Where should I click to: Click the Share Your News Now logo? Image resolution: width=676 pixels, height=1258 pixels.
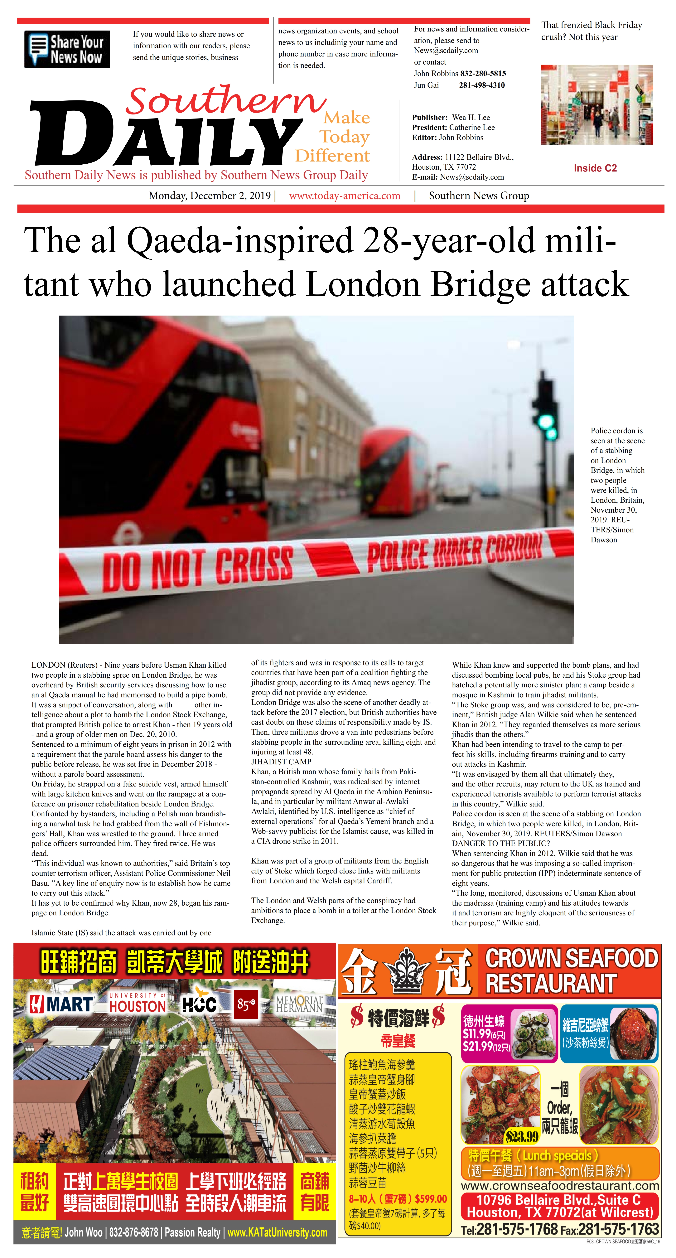click(x=67, y=49)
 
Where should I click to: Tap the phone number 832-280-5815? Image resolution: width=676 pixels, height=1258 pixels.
click(x=483, y=73)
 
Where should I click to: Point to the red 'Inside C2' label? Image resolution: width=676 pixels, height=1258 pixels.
click(x=595, y=168)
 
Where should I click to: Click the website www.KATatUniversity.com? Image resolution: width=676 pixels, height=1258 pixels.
click(x=277, y=1233)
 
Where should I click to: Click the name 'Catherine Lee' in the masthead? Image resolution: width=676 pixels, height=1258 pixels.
click(x=472, y=128)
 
